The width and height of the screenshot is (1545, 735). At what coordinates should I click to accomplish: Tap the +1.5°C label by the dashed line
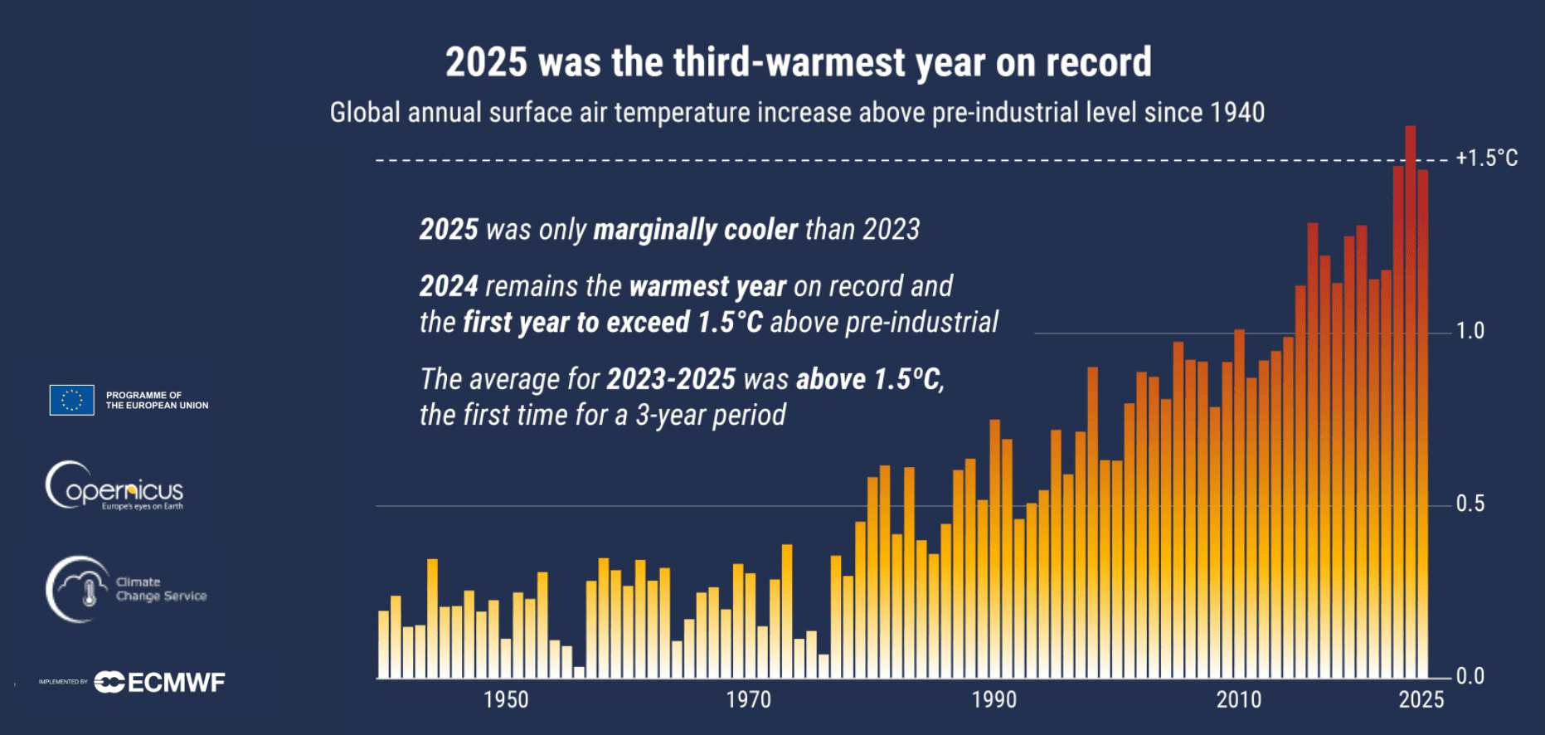click(1487, 158)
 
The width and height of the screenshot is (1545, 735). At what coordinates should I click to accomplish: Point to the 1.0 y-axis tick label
click(1470, 331)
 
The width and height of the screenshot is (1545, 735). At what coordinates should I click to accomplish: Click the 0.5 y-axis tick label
click(1470, 504)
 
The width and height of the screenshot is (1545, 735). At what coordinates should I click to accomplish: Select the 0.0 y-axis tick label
click(1470, 676)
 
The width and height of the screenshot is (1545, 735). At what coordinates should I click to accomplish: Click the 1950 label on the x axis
click(506, 700)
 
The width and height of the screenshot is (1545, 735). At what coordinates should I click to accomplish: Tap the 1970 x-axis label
click(748, 700)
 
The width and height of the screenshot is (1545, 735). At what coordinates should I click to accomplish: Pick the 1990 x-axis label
click(994, 700)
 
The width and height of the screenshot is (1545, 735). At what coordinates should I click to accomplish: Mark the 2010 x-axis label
click(1238, 700)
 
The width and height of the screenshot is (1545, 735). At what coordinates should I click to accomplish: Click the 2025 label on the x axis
click(1421, 700)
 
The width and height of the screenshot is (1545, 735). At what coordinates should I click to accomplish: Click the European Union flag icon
click(72, 400)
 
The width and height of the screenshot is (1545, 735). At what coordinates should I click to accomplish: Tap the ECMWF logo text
click(176, 683)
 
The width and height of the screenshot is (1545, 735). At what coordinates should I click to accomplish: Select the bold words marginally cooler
click(695, 230)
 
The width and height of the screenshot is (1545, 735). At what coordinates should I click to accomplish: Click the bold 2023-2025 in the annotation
click(670, 379)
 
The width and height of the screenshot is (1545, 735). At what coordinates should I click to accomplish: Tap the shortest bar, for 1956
click(579, 673)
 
